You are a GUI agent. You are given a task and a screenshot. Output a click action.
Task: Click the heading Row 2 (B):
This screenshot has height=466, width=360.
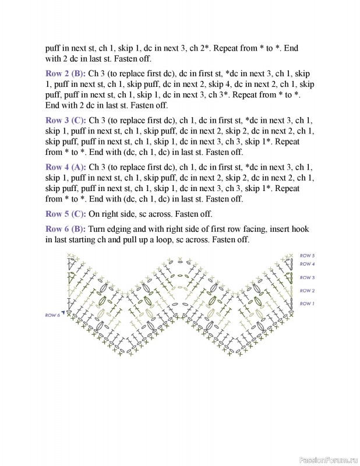(x=65, y=74)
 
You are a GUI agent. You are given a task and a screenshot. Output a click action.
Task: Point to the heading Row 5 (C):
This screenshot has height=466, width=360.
(x=65, y=214)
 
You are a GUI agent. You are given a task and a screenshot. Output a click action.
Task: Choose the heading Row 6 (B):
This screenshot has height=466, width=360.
(x=65, y=229)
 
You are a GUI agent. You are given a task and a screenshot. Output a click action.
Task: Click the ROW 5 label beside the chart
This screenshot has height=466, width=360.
(x=307, y=256)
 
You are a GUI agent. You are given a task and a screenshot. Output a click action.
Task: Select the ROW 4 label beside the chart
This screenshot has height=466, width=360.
(x=307, y=264)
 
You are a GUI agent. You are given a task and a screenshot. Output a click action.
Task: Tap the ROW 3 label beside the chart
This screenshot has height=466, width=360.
(x=307, y=278)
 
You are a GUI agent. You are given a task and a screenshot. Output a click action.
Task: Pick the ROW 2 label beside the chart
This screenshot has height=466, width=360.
(x=307, y=291)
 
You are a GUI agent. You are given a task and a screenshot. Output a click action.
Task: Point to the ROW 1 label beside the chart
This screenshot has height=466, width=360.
(x=307, y=304)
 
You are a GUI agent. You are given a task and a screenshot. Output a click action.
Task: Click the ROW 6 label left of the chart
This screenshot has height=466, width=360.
(x=53, y=315)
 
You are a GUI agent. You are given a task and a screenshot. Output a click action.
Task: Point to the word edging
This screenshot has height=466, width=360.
(x=123, y=229)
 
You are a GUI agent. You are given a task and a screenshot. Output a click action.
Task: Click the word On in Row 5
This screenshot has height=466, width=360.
(x=95, y=214)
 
